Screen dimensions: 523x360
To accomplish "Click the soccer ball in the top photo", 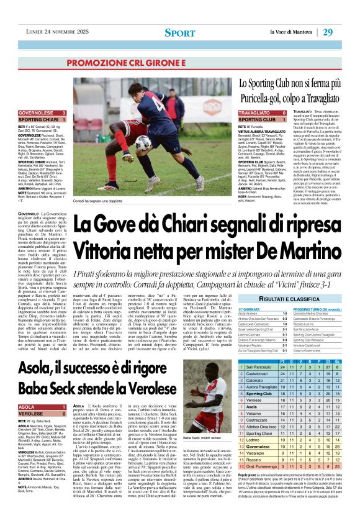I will [143, 142].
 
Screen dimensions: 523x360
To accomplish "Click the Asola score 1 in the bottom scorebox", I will [64, 406].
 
